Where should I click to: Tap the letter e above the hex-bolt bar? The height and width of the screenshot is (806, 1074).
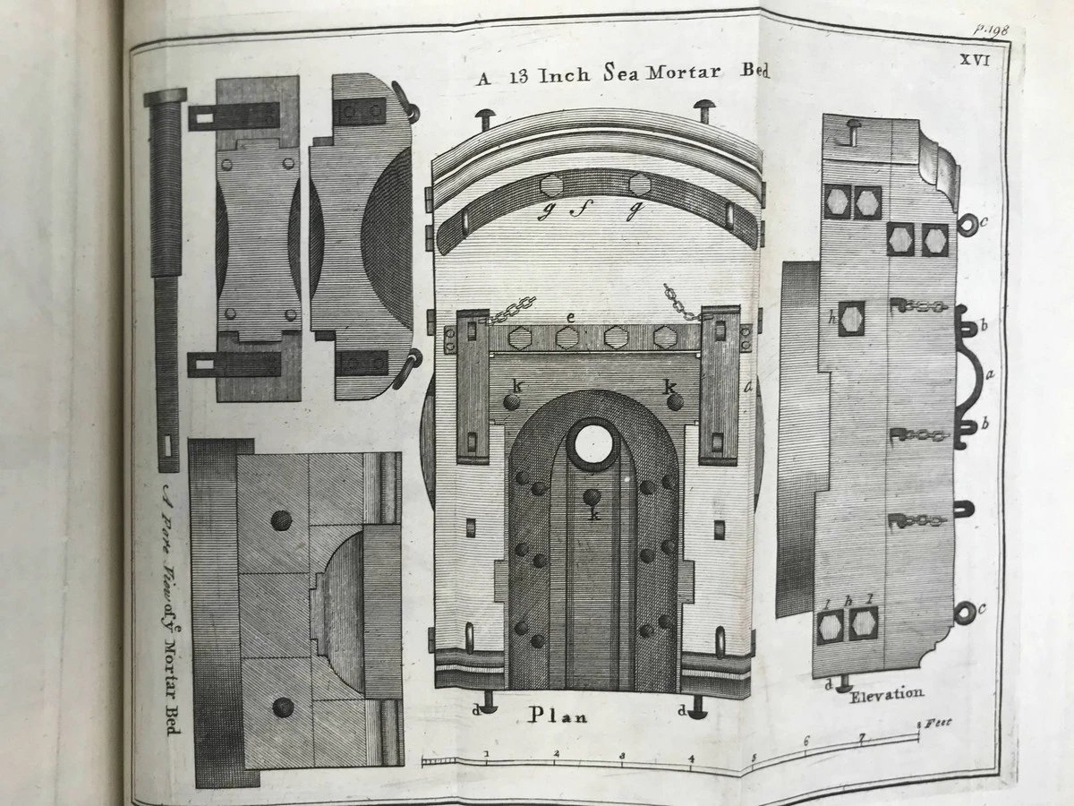[x=569, y=318]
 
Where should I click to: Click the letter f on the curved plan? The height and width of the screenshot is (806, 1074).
[x=568, y=212]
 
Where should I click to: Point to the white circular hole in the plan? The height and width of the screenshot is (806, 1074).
[x=592, y=443]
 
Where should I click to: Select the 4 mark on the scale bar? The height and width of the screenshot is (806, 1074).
[x=692, y=756]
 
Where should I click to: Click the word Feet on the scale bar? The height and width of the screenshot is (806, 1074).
[x=937, y=721]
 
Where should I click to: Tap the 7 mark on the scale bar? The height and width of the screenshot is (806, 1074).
[x=862, y=740]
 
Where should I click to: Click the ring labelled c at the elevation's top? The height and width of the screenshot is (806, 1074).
[x=967, y=223]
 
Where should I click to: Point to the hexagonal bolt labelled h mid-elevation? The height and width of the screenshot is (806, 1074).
[x=851, y=318]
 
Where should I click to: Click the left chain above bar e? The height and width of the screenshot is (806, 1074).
[x=511, y=309]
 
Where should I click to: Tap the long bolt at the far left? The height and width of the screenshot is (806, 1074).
[x=166, y=278]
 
